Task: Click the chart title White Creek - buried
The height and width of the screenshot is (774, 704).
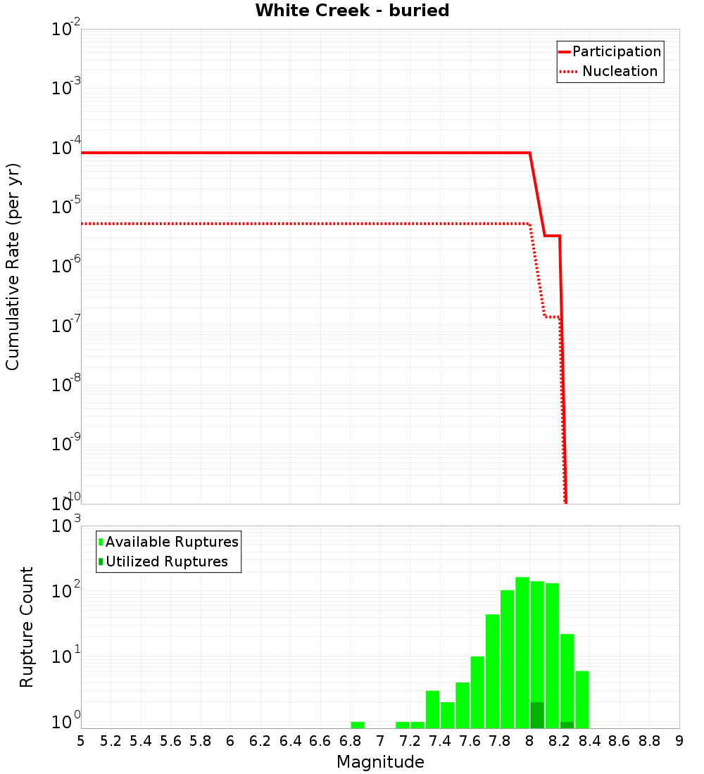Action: coord(352,11)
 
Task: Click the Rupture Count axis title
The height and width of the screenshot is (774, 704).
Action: coord(27,627)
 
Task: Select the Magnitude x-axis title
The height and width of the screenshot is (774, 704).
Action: coord(380,762)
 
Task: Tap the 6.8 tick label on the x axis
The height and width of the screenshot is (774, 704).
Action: coord(350,741)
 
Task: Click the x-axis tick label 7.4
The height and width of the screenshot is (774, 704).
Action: coord(440,741)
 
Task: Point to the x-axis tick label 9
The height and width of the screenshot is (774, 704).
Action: coord(679,741)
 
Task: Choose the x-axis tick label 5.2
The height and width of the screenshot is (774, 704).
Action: coord(111,741)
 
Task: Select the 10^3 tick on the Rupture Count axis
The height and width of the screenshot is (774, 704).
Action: coord(67,526)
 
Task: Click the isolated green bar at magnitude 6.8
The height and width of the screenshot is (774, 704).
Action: coord(358,725)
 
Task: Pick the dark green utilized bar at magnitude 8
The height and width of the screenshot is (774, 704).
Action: coord(537,715)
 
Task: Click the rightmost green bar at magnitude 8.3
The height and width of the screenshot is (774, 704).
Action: coord(582,699)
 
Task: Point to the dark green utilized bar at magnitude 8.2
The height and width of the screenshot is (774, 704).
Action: coord(567,725)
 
